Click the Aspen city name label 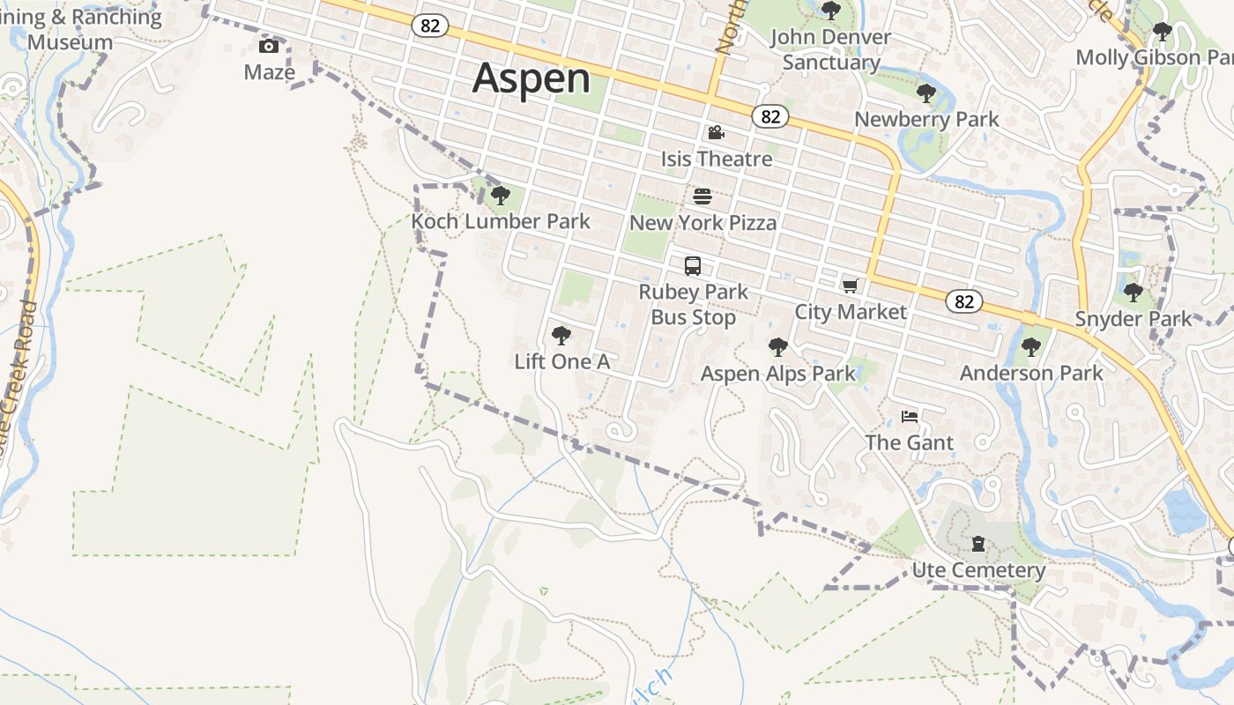click(532, 78)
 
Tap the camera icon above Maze click(269, 46)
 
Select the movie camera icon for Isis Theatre click(716, 133)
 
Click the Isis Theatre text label click(717, 160)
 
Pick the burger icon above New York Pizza click(702, 196)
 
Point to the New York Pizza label click(703, 223)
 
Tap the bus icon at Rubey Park click(693, 265)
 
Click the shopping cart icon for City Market click(850, 285)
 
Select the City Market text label click(851, 312)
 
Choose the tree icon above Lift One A click(561, 335)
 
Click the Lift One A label click(562, 362)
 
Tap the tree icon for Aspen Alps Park click(777, 346)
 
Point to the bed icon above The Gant click(910, 416)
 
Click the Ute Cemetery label click(978, 570)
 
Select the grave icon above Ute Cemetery click(978, 544)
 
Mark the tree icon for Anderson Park click(1030, 346)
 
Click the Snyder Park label click(1134, 319)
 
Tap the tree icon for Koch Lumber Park click(501, 195)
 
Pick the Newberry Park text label click(926, 120)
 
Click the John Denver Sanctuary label click(830, 49)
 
